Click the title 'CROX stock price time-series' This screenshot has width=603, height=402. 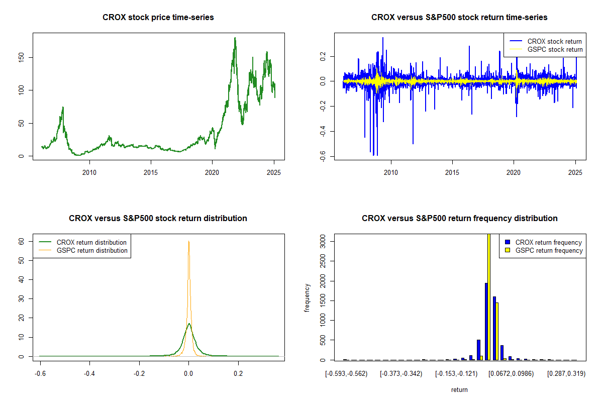click(158, 18)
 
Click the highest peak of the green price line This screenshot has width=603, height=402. click(235, 38)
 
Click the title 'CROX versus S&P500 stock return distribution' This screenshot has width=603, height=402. click(158, 219)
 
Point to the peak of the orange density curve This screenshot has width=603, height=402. click(188, 241)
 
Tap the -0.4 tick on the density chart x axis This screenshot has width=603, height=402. click(89, 374)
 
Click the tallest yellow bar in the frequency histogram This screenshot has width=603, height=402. click(488, 296)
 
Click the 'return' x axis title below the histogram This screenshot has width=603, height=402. click(459, 390)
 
